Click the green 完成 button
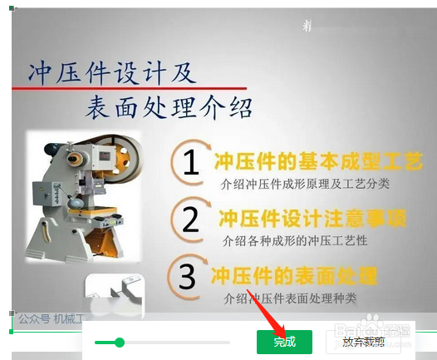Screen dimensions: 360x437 (284, 342)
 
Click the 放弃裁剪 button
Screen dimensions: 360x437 (363, 342)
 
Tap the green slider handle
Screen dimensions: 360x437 (120, 342)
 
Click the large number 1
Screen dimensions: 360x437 (191, 164)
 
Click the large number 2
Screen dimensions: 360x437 (191, 220)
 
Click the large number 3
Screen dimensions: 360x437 (188, 277)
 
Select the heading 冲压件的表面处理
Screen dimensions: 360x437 (293, 275)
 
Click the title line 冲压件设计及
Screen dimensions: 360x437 (111, 72)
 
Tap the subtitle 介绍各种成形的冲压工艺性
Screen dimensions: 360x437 (295, 240)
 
